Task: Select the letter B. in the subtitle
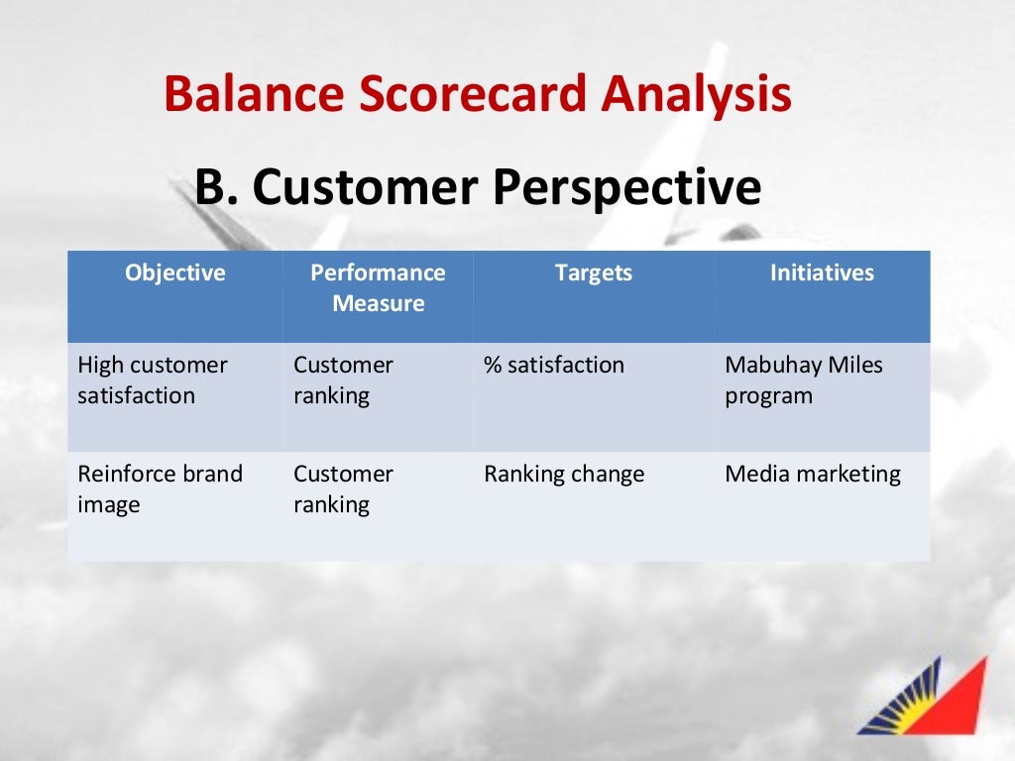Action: (217, 187)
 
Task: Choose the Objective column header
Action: (175, 272)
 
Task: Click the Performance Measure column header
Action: (378, 287)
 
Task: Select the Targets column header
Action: (593, 272)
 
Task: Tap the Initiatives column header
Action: (822, 272)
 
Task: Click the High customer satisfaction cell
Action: (152, 380)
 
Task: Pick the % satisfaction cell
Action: (554, 365)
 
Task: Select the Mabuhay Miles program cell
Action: (803, 380)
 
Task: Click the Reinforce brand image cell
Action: (160, 489)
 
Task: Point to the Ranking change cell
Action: (563, 474)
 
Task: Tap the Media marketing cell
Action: (813, 474)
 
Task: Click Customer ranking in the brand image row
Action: (343, 489)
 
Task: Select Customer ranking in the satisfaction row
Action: (343, 380)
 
